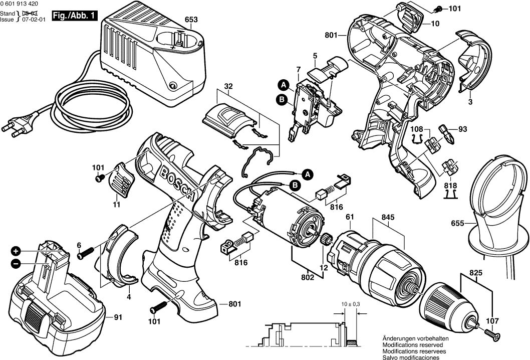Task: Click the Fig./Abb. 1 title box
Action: click(74, 16)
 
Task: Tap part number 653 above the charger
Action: click(191, 20)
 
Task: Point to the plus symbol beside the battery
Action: click(16, 251)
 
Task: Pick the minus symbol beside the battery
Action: click(16, 263)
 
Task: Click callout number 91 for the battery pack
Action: click(117, 317)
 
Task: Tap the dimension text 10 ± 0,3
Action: click(351, 304)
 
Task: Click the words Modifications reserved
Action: click(413, 345)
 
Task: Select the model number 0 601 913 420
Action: click(19, 4)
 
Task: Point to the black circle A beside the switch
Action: click(283, 85)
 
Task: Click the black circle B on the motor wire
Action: click(295, 185)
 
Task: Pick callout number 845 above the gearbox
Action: click(388, 217)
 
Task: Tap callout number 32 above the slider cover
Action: click(228, 86)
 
